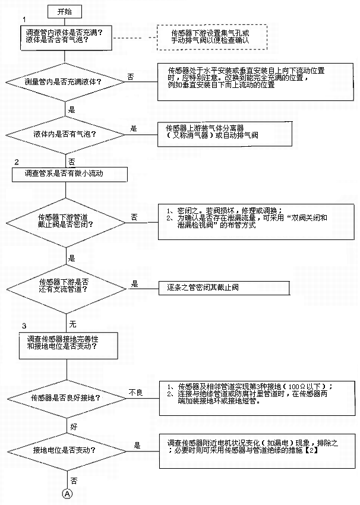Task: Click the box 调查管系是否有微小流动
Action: click(x=70, y=173)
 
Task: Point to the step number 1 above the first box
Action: click(x=24, y=20)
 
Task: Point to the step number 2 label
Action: click(x=17, y=162)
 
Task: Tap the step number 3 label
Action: click(x=24, y=326)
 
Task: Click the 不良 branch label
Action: click(x=135, y=392)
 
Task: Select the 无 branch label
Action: click(x=72, y=325)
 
